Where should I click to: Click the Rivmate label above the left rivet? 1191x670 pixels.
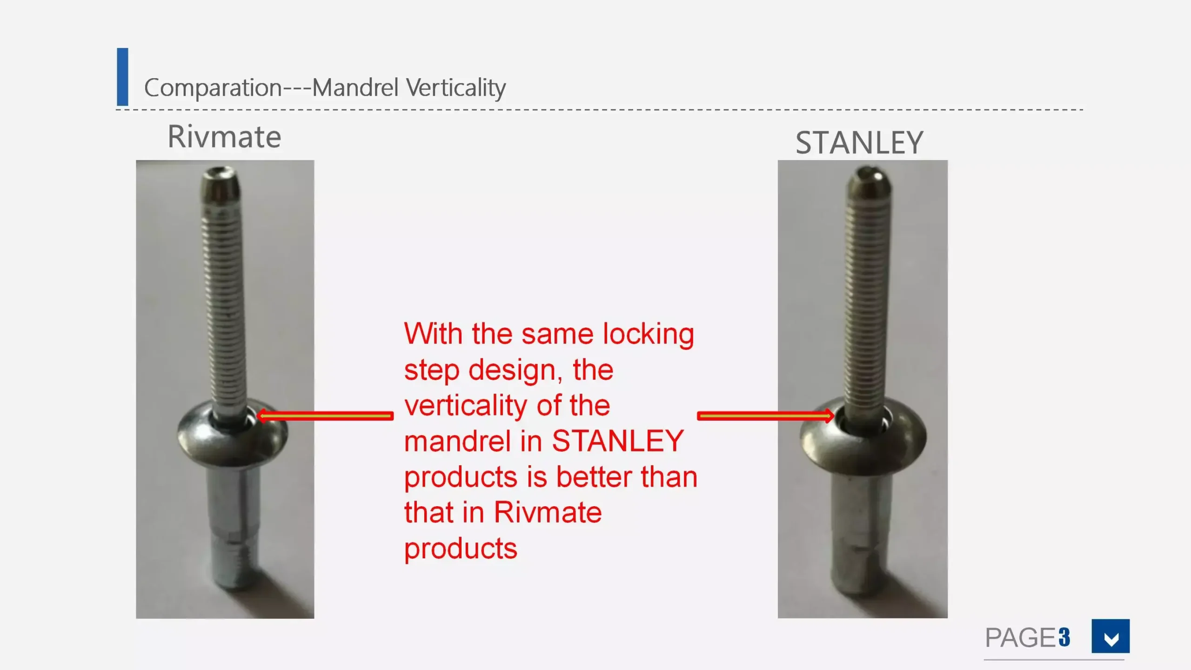tap(224, 137)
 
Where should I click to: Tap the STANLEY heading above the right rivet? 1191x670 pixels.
tap(859, 142)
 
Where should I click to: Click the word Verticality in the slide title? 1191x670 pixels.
tap(456, 87)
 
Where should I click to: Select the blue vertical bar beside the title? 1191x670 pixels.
tap(122, 77)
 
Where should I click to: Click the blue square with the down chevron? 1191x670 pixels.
tap(1111, 636)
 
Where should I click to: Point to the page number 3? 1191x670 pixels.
tap(1064, 637)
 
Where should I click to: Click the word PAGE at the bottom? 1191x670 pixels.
tap(1021, 637)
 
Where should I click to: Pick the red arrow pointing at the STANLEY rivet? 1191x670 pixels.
tap(765, 415)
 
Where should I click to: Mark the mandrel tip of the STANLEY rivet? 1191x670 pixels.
tap(868, 181)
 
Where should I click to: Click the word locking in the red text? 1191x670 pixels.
tap(649, 335)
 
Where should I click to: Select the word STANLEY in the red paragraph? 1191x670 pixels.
tap(618, 441)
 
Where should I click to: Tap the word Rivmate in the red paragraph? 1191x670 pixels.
tap(548, 512)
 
